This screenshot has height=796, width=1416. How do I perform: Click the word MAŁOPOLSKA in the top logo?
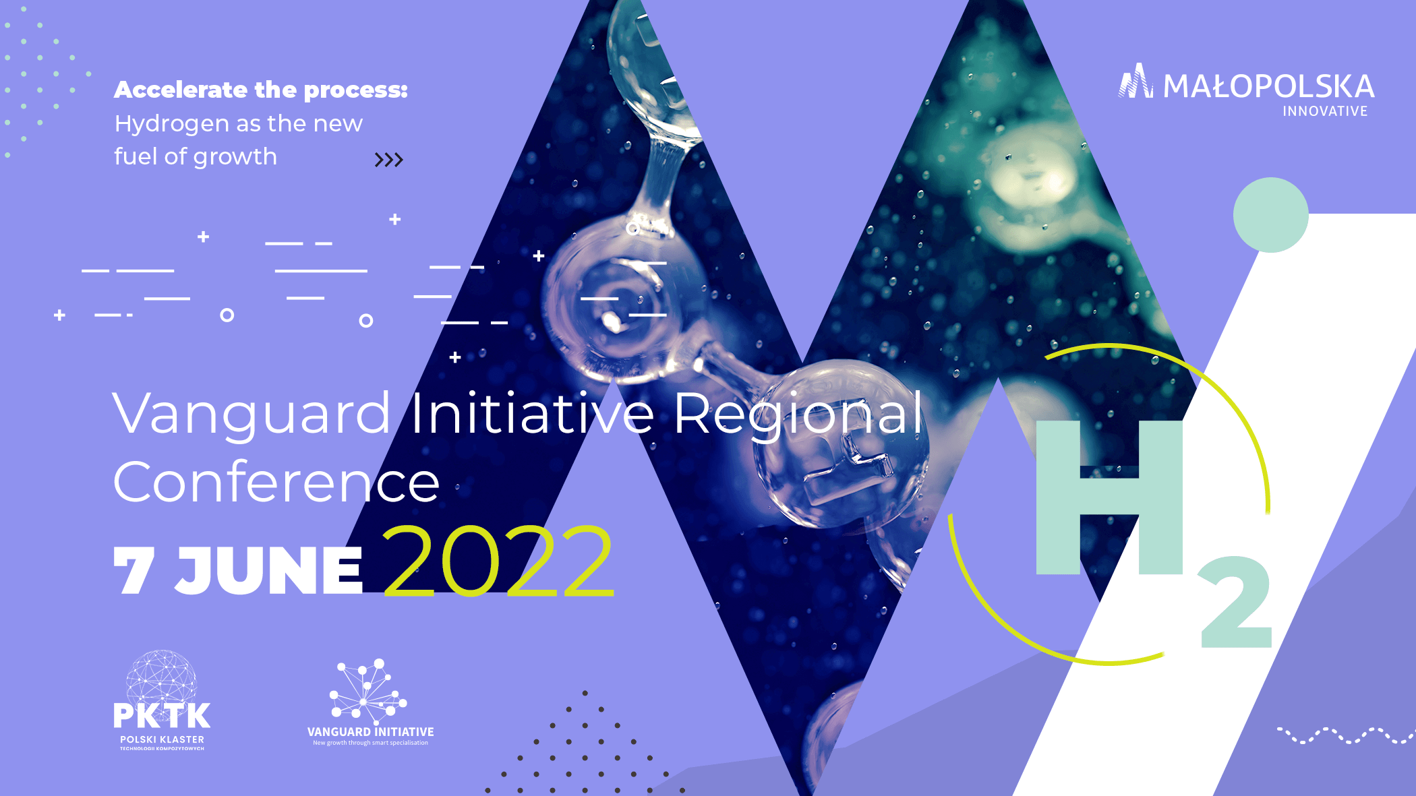(x=1268, y=87)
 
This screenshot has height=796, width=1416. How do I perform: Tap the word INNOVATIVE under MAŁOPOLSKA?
(x=1325, y=111)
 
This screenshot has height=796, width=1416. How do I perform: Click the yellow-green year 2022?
(x=498, y=561)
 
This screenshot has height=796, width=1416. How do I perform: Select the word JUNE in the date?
(x=269, y=570)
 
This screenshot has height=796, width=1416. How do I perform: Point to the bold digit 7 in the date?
(x=134, y=570)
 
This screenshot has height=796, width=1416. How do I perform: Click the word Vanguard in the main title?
(x=252, y=414)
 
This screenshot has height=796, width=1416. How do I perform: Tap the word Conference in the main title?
(x=276, y=483)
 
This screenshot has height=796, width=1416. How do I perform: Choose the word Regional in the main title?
(x=798, y=414)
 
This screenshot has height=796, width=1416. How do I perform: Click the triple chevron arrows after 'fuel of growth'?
(x=388, y=160)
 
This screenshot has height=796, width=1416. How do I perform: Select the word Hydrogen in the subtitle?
(x=172, y=124)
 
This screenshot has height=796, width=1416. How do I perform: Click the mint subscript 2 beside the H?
(x=1235, y=603)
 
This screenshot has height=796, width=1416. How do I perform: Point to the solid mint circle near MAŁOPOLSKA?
(x=1270, y=215)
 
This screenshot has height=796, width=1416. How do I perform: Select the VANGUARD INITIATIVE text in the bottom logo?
(x=370, y=732)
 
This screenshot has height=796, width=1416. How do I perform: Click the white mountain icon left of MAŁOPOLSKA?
(x=1136, y=82)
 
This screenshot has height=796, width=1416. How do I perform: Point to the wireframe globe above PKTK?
(x=162, y=677)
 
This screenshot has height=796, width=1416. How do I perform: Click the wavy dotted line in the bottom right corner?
(x=1345, y=735)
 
